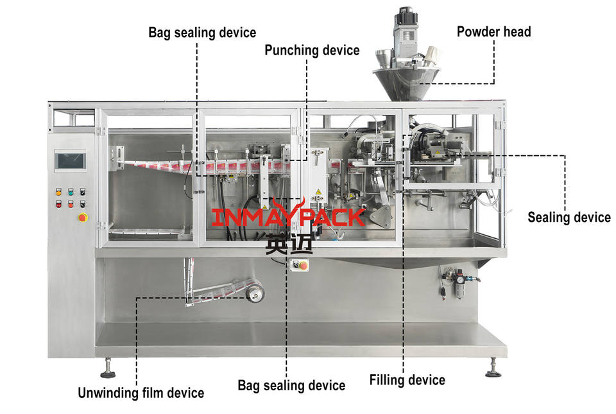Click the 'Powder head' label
[x=493, y=32]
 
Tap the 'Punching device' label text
[x=312, y=50]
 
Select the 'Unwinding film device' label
[x=141, y=393]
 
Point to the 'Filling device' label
[x=407, y=380]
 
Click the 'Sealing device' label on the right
[x=569, y=217]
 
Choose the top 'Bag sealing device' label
[x=202, y=33]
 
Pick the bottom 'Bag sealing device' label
[x=291, y=386]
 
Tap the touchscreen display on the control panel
[x=71, y=160]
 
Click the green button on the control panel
[x=71, y=192]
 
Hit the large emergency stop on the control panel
[x=83, y=217]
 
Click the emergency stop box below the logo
[x=299, y=266]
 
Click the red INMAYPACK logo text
[x=288, y=217]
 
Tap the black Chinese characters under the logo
[x=289, y=243]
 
